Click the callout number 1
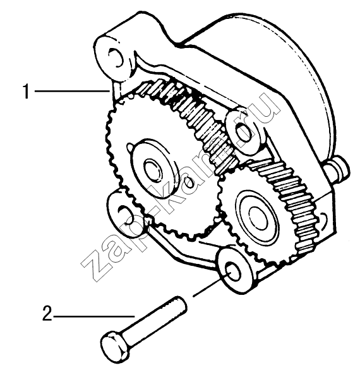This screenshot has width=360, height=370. pos(26,91)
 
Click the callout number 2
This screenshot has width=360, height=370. pos(47,313)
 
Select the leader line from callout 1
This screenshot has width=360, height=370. pos(72,91)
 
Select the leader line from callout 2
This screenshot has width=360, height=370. pos(94,316)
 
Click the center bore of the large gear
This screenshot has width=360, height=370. pos(153,170)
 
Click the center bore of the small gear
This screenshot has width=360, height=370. pos(258,218)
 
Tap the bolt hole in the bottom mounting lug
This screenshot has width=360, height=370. pos(233,272)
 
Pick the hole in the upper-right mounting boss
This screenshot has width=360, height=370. pos(243,133)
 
